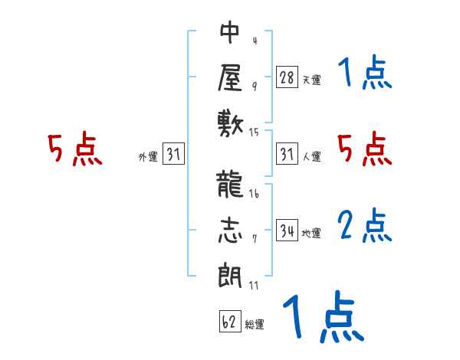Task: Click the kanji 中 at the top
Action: click(231, 33)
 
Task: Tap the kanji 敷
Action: click(231, 122)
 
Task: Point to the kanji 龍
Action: click(231, 187)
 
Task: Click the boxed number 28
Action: click(287, 77)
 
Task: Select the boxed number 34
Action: click(287, 230)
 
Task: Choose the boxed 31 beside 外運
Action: click(173, 155)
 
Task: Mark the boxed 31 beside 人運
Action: click(287, 155)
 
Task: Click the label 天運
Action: click(312, 80)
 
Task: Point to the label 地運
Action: click(312, 233)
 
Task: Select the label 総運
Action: click(255, 325)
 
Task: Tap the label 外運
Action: click(148, 158)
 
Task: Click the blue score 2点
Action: click(364, 226)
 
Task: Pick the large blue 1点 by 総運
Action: click(322, 318)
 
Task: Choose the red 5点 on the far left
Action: click(74, 149)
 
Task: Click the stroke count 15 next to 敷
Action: click(255, 133)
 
